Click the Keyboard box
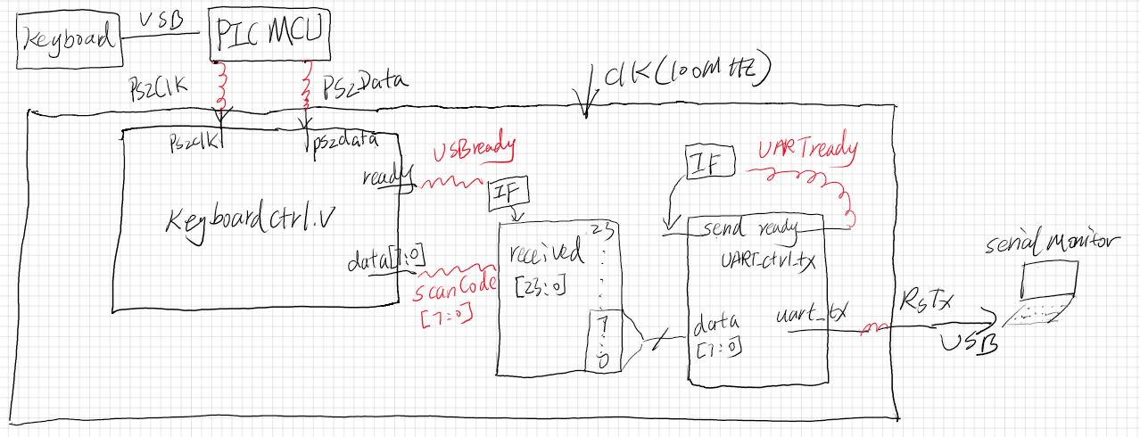70,40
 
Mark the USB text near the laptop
965,342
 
